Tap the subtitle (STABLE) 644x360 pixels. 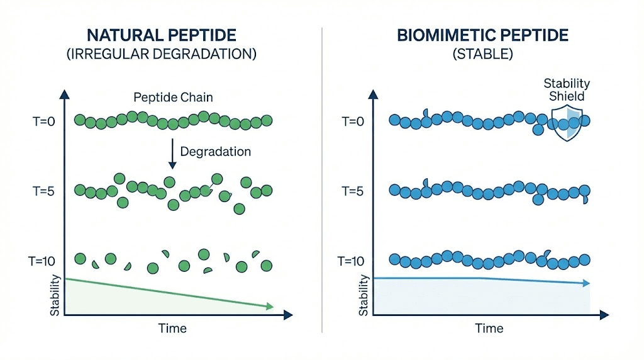482,54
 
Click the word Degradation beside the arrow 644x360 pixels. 215,151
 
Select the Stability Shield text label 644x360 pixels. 567,89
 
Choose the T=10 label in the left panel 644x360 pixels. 44,260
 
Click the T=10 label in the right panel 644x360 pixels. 352,260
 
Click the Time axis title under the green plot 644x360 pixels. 172,328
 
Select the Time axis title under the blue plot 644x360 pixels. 489,328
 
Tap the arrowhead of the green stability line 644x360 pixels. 269,307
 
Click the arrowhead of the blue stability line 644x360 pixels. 586,284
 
